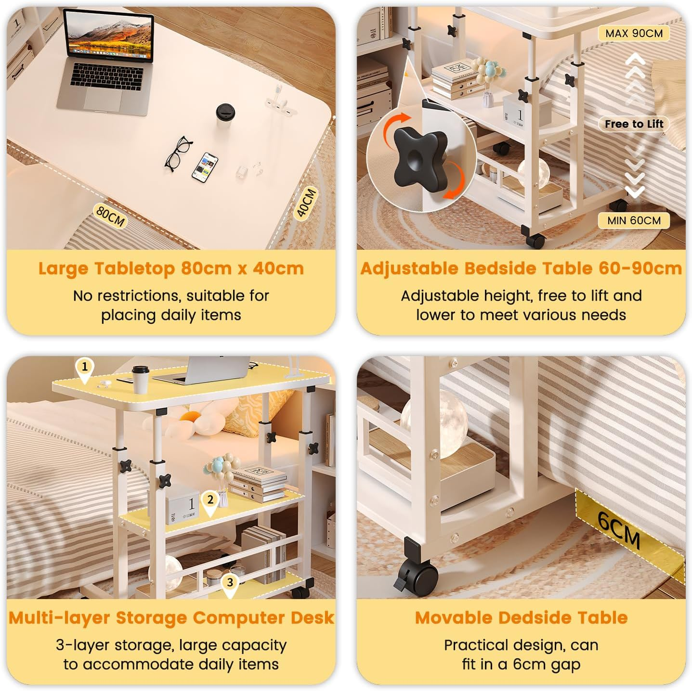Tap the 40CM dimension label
pyautogui.click(x=306, y=203)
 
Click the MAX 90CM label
pyautogui.click(x=634, y=33)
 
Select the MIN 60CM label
pyautogui.click(x=634, y=220)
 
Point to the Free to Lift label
pyautogui.click(x=634, y=124)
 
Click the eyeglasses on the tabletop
pyautogui.click(x=178, y=154)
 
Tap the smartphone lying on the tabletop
pyautogui.click(x=205, y=167)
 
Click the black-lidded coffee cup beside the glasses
pyautogui.click(x=225, y=115)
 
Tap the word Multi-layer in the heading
pyautogui.click(x=59, y=618)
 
